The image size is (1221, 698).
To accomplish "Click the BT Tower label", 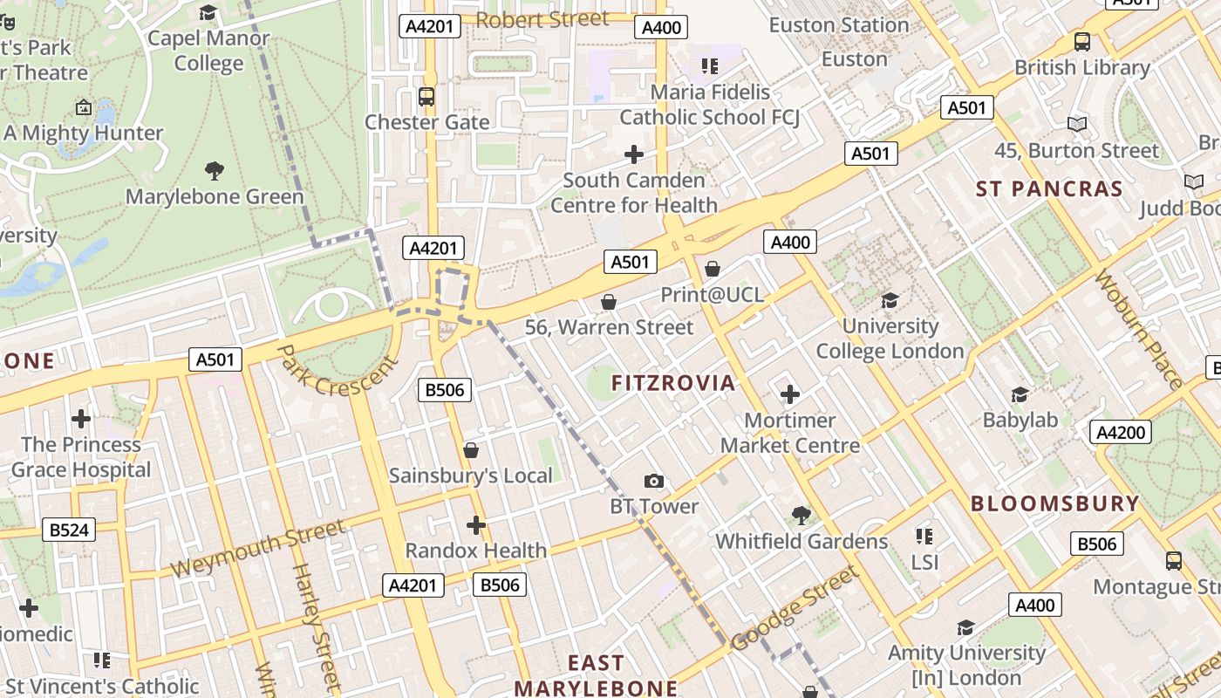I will [x=653, y=506].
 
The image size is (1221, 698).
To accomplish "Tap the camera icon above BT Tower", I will [x=653, y=481].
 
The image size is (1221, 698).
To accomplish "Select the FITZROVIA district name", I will [x=672, y=383].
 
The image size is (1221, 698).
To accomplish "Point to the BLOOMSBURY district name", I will [x=1054, y=503].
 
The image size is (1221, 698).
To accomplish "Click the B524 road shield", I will [x=69, y=530].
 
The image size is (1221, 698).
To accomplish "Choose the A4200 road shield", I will [x=1121, y=432].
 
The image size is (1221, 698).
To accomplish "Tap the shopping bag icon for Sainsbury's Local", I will [x=471, y=450].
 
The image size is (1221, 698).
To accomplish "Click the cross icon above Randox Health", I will [x=475, y=525].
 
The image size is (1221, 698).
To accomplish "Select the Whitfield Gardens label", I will [x=801, y=541].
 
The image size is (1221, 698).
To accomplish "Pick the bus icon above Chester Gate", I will [x=426, y=97].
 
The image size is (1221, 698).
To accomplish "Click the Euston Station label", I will [x=838, y=25].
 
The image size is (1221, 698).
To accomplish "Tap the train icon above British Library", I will [x=1081, y=41].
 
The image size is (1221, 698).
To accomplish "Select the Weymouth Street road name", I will [x=257, y=549].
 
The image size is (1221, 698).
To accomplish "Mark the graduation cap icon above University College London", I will [x=890, y=301].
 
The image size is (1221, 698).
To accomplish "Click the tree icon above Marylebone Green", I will [x=214, y=170].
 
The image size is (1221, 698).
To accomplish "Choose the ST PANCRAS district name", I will [x=1048, y=189].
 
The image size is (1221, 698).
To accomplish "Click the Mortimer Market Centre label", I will [x=789, y=433].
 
